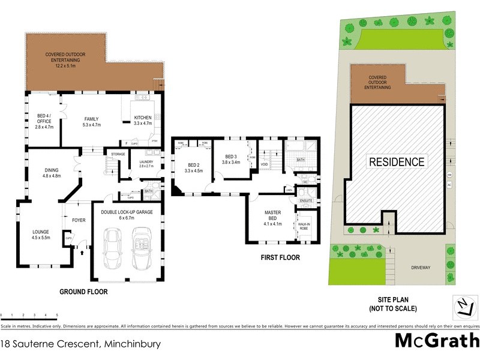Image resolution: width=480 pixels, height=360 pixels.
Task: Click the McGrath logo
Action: (436, 341)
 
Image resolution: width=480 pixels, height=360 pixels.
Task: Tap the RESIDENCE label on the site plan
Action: (397, 162)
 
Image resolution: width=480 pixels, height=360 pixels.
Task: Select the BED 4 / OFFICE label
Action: (44, 121)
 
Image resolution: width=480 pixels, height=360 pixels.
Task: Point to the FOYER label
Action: (79, 220)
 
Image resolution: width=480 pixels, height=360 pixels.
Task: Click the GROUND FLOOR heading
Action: (83, 292)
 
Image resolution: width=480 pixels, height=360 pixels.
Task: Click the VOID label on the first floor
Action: (264, 163)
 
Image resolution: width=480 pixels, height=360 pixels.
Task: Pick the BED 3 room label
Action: (232, 158)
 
